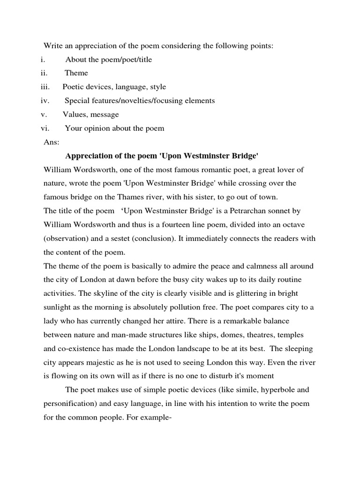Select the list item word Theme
click(x=76, y=73)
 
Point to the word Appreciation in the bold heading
click(x=87, y=156)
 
